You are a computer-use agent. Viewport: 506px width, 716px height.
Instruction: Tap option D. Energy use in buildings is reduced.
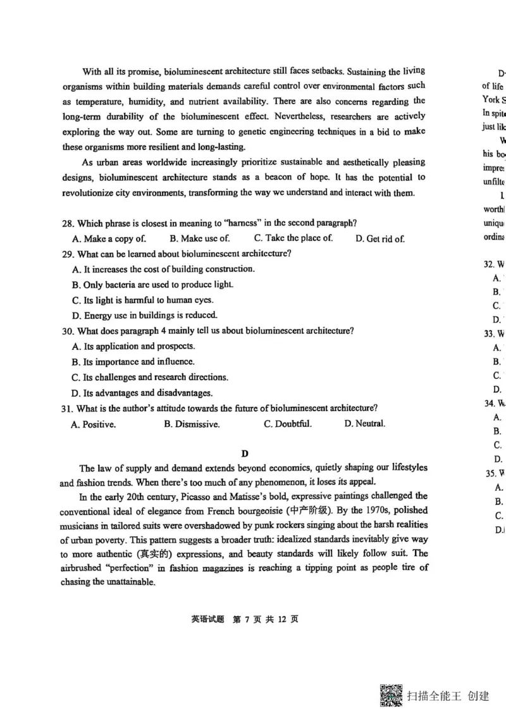[145, 315]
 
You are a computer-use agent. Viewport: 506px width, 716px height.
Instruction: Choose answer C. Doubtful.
[288, 424]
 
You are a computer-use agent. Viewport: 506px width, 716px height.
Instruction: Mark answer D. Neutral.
[364, 424]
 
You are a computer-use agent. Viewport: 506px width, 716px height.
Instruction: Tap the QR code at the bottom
[391, 696]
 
